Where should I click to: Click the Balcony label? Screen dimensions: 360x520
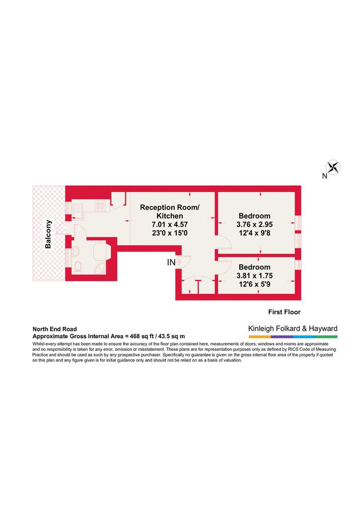[x=48, y=234]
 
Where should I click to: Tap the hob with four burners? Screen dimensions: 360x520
[x=100, y=206]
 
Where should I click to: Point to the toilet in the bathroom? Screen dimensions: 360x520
[x=78, y=267]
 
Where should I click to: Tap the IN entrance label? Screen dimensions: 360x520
[x=171, y=262]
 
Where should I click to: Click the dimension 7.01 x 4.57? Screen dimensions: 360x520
[x=170, y=225]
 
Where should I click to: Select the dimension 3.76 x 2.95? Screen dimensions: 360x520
[x=254, y=225]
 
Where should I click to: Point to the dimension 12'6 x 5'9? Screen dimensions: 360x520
[x=254, y=284]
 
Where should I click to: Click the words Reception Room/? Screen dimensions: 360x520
[x=170, y=207]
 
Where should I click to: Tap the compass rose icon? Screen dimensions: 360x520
[x=333, y=167]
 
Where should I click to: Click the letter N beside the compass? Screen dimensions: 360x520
[x=324, y=176]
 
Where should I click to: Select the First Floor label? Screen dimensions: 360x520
[x=284, y=312]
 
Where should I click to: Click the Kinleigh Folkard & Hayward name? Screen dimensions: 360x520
[x=293, y=329]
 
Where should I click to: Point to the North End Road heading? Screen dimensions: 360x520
[x=55, y=329]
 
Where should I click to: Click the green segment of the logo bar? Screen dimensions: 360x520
[x=326, y=337]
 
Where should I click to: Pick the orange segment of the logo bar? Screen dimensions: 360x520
[x=259, y=337]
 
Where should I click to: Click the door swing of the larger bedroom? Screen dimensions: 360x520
[x=223, y=243]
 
